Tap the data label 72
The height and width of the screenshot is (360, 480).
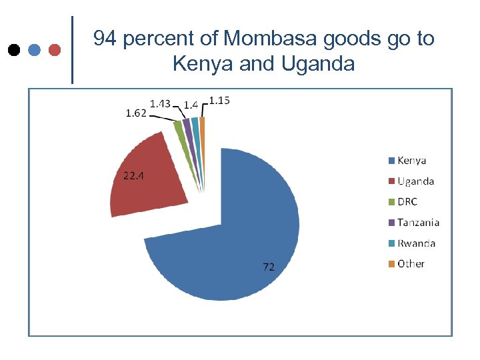[x=269, y=267]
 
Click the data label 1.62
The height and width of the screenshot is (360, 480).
[x=137, y=113]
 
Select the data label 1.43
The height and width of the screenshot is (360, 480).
[x=160, y=103]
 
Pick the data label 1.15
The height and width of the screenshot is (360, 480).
[x=220, y=101]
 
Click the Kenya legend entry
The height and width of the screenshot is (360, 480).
[x=411, y=160]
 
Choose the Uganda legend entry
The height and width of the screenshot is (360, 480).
[x=415, y=181]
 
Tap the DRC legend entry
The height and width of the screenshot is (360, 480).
[x=407, y=201]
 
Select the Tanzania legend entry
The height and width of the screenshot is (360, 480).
[x=418, y=222]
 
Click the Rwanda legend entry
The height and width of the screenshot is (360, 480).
[x=416, y=243]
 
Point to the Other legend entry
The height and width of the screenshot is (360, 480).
[x=411, y=263]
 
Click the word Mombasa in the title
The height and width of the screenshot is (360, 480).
[x=271, y=39]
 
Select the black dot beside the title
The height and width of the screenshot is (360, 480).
[x=13, y=50]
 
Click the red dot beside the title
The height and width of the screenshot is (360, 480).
[x=55, y=50]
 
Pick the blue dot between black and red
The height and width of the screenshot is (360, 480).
[x=35, y=50]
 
